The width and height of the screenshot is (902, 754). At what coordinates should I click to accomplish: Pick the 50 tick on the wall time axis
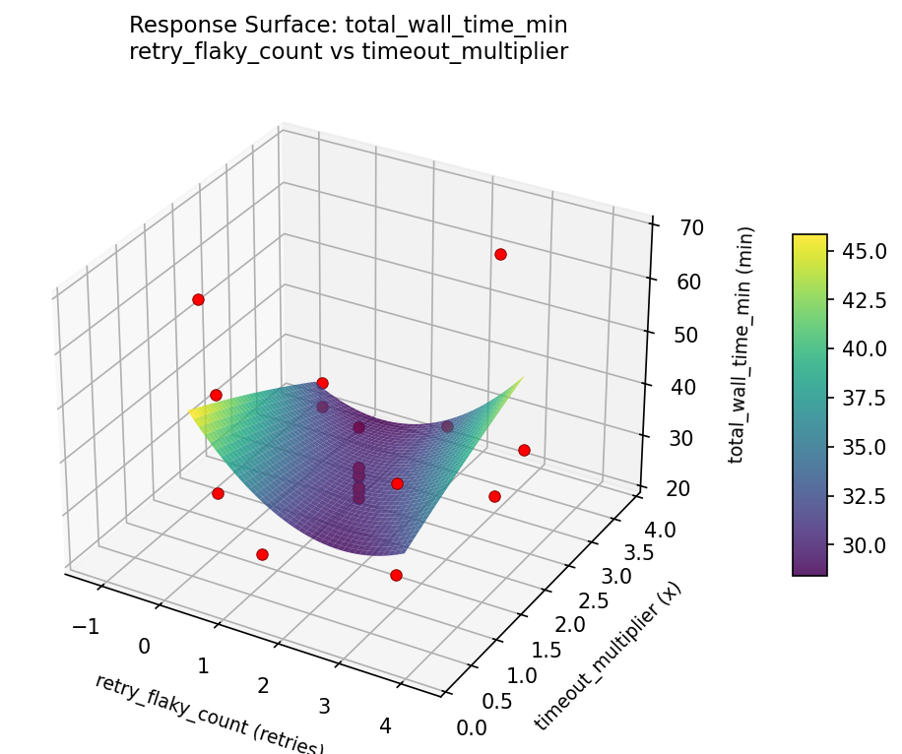tap(676, 333)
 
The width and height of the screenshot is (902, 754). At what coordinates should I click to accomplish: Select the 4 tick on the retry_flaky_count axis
tap(384, 724)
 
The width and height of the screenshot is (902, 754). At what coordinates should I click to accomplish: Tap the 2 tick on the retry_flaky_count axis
tap(263, 684)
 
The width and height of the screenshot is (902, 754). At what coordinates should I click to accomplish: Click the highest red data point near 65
tap(500, 254)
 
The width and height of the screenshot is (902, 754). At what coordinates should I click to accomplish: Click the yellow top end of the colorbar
tap(809, 238)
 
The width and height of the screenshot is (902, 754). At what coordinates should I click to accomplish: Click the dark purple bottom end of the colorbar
tap(809, 571)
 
